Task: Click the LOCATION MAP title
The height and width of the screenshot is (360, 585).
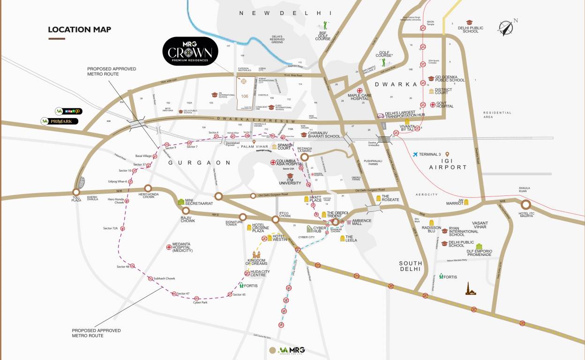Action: pyautogui.click(x=79, y=30)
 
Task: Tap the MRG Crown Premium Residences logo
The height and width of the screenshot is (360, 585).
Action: pyautogui.click(x=190, y=52)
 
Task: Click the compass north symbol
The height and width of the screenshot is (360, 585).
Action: pyautogui.click(x=505, y=28)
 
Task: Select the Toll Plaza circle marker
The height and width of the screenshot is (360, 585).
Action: pyautogui.click(x=76, y=192)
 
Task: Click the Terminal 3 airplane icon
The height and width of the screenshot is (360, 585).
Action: pyautogui.click(x=415, y=154)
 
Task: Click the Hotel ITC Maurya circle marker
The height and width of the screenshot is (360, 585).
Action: pyautogui.click(x=525, y=205)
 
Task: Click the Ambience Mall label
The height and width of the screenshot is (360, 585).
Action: pyautogui.click(x=361, y=222)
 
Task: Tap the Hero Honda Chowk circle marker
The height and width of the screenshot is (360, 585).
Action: pyautogui.click(x=148, y=188)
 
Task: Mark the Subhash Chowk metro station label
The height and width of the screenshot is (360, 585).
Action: pyautogui.click(x=164, y=278)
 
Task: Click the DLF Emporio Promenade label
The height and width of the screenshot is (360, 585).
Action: pyautogui.click(x=479, y=254)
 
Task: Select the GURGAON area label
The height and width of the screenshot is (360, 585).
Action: pyautogui.click(x=200, y=163)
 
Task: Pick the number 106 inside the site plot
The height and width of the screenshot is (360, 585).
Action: pyautogui.click(x=244, y=96)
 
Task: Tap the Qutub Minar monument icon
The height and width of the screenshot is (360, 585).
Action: pyautogui.click(x=470, y=289)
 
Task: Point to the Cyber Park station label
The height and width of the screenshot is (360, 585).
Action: pyautogui.click(x=200, y=303)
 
